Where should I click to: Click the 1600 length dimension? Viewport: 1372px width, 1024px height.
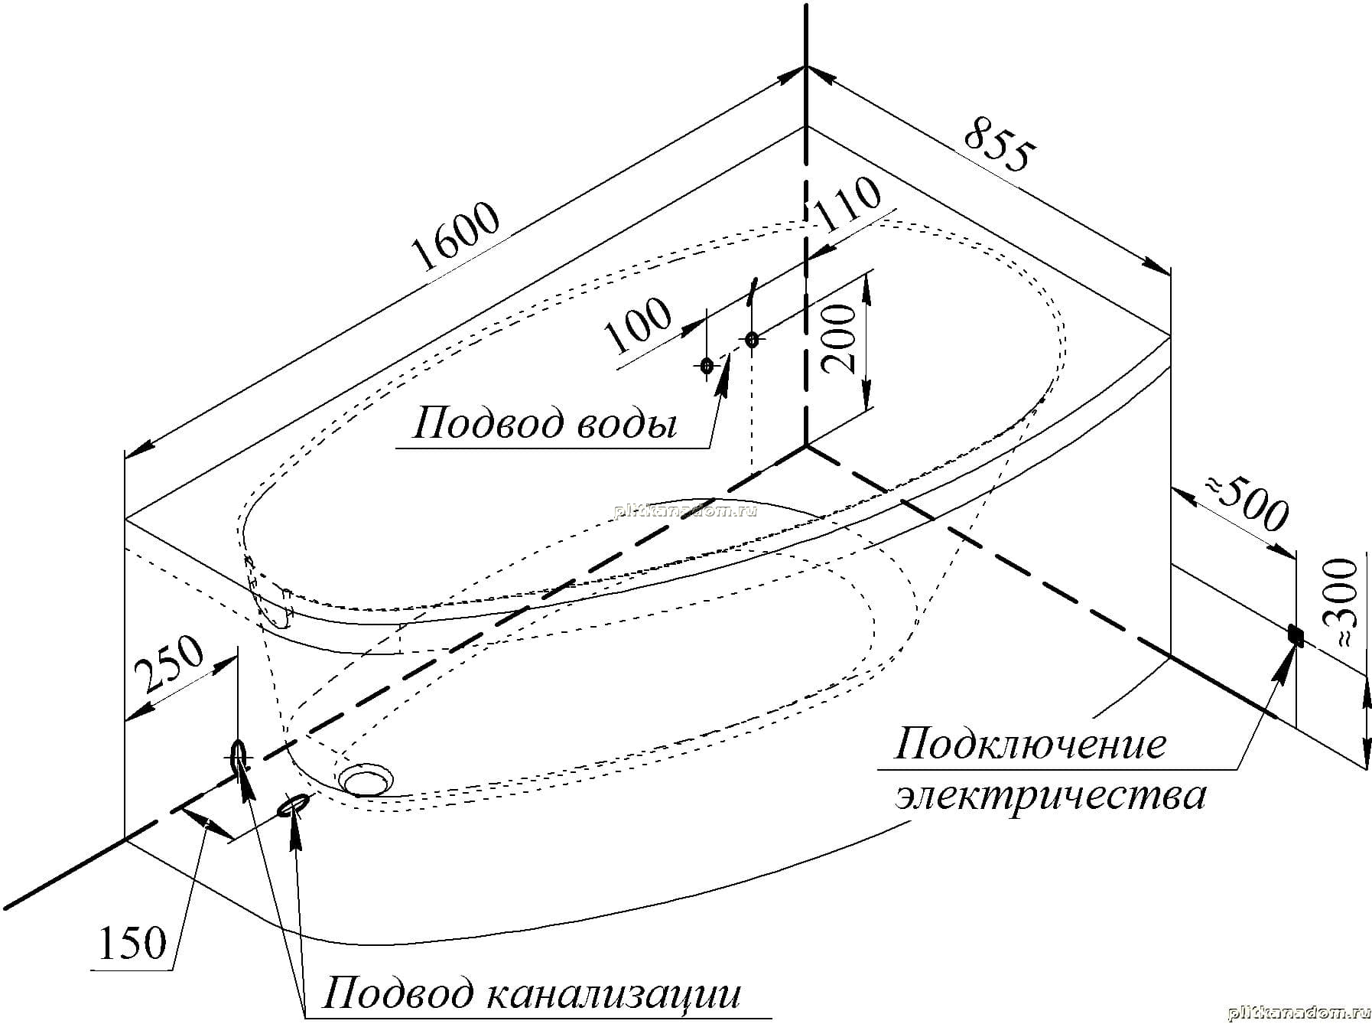pyautogui.click(x=456, y=237)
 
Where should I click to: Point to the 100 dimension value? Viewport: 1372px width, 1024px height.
pyautogui.click(x=638, y=324)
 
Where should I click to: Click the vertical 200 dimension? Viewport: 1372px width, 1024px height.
pyautogui.click(x=839, y=338)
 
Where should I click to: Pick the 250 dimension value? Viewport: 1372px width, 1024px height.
pyautogui.click(x=169, y=664)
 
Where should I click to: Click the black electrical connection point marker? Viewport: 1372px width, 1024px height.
pyautogui.click(x=1296, y=634)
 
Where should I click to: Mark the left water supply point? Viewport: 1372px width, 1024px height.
pyautogui.click(x=707, y=366)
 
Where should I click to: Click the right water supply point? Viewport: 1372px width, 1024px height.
pyautogui.click(x=752, y=339)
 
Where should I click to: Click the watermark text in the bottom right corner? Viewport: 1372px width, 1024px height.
pyautogui.click(x=1298, y=1014)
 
